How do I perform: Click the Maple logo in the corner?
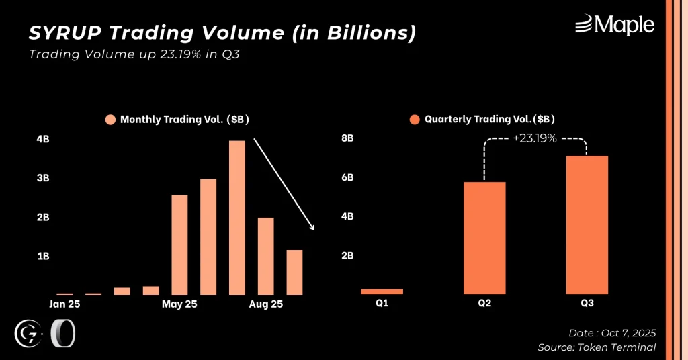pyautogui.click(x=614, y=26)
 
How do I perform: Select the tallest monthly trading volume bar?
pyautogui.click(x=237, y=217)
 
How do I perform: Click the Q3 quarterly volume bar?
pyautogui.click(x=587, y=225)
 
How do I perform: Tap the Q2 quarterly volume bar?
pyautogui.click(x=484, y=238)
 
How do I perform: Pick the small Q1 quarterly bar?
pyautogui.click(x=382, y=291)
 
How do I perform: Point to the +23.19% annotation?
pyautogui.click(x=535, y=139)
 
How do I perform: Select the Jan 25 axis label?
pyautogui.click(x=64, y=304)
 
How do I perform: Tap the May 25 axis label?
pyautogui.click(x=179, y=304)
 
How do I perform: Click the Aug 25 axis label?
pyautogui.click(x=266, y=304)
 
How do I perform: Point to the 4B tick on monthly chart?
pyautogui.click(x=43, y=140)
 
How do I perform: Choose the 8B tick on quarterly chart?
pyautogui.click(x=347, y=138)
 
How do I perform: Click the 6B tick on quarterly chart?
pyautogui.click(x=347, y=178)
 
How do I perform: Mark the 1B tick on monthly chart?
pyautogui.click(x=43, y=256)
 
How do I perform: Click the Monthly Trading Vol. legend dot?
pyautogui.click(x=111, y=120)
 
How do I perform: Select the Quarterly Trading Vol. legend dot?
pyautogui.click(x=415, y=120)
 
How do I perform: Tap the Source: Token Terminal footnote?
pyautogui.click(x=597, y=347)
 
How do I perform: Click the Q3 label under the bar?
pyautogui.click(x=587, y=304)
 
